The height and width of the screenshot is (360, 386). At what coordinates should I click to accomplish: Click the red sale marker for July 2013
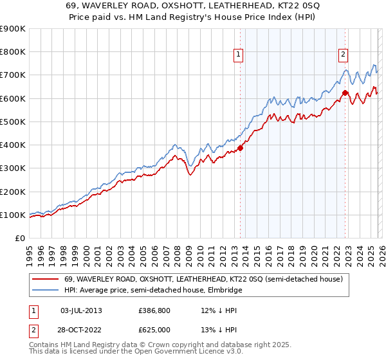[240, 148]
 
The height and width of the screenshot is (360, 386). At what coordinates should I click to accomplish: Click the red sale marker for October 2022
[345, 93]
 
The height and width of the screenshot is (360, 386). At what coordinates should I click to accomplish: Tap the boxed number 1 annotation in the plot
[239, 55]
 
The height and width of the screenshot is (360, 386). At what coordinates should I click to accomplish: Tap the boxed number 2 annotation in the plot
[344, 55]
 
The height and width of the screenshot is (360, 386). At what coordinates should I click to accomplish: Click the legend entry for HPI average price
[150, 289]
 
